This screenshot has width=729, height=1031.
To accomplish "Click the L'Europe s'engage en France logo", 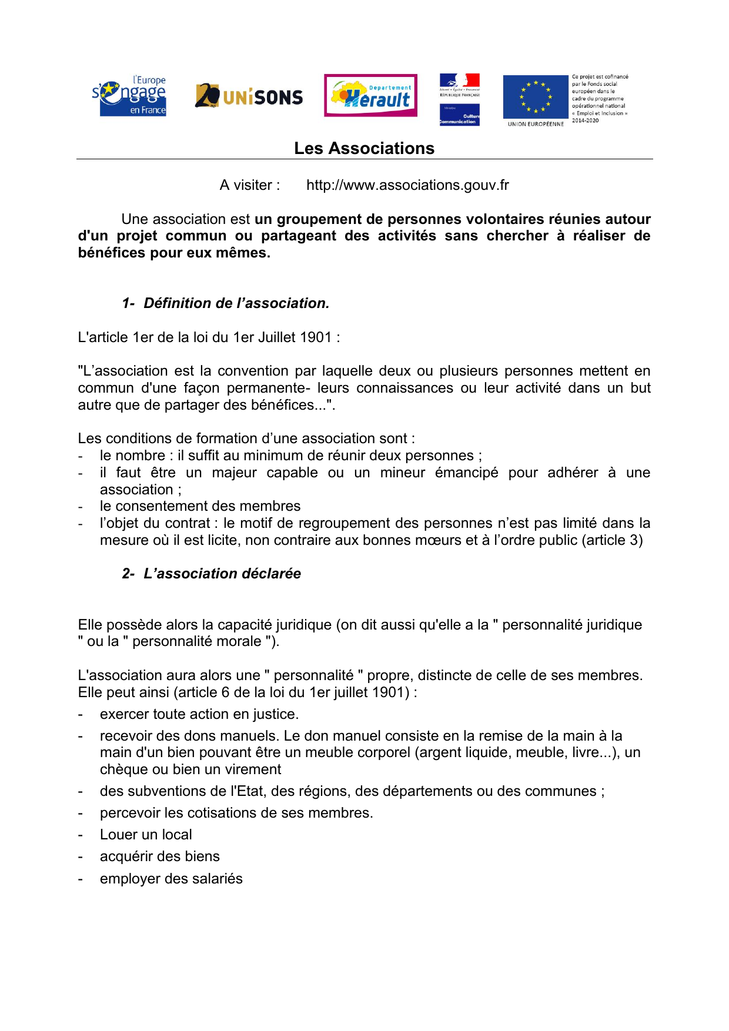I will click(131, 96).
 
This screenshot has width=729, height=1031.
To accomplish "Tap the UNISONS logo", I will click(249, 96).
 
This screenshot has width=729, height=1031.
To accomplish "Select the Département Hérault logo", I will click(370, 95).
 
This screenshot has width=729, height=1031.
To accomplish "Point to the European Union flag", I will click(536, 97).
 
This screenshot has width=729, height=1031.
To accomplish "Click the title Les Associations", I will click(364, 148).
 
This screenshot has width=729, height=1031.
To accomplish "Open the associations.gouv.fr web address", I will click(407, 185).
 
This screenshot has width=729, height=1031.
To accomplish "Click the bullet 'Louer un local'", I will click(146, 835).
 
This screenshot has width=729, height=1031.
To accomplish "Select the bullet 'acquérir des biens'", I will click(159, 856).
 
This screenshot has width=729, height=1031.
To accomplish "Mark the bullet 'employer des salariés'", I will click(171, 879).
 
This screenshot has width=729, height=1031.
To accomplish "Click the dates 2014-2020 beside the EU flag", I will click(585, 120).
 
